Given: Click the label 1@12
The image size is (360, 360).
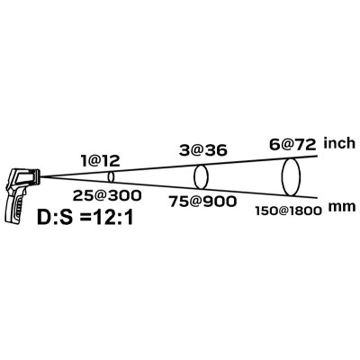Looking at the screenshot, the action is tap(101, 161).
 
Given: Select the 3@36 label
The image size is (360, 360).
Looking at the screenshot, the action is tap(202, 150).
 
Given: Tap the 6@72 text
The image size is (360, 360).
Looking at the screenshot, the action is tap(292, 145).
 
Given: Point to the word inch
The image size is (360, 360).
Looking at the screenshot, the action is tap(339, 143).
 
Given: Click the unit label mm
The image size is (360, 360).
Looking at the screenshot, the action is tap(342, 207).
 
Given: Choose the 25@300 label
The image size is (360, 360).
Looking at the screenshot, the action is tap(107, 195).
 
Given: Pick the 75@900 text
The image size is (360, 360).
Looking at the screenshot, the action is tap(202, 202).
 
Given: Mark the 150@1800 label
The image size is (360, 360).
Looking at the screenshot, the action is tap(289, 211).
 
